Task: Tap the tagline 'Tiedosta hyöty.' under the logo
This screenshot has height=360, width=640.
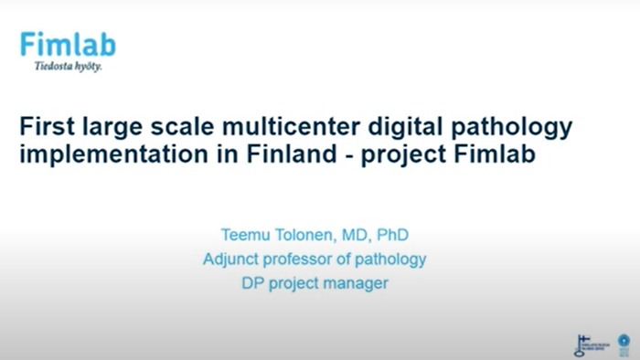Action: point(68,67)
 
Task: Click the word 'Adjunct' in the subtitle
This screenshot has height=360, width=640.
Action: point(232,259)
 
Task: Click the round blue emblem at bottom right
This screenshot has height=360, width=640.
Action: point(624,344)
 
